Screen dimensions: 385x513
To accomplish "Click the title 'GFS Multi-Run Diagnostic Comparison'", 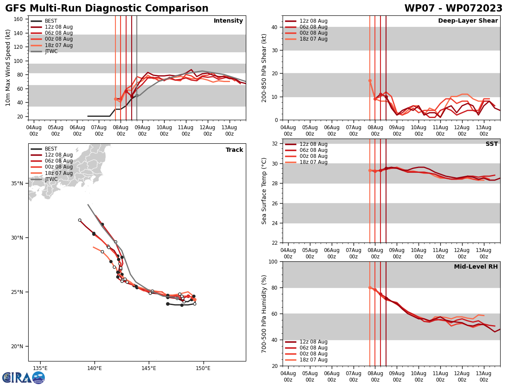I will [107, 9].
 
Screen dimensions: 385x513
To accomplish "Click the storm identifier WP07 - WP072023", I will [453, 9].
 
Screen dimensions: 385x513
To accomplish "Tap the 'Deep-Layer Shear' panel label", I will [468, 21].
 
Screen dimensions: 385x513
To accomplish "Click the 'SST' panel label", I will [491, 144].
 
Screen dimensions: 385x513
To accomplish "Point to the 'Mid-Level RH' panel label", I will [476, 267].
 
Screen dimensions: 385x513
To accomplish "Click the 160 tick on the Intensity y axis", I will [18, 19].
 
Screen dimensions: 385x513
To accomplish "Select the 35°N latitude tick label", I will [18, 184].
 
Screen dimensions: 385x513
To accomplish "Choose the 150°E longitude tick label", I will [203, 368].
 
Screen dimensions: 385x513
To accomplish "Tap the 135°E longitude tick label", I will [40, 368].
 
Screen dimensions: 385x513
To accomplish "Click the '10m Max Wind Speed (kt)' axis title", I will [8, 68].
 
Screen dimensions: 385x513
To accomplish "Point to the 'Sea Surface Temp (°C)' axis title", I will [264, 191].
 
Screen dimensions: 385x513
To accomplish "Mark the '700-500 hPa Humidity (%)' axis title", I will [264, 314].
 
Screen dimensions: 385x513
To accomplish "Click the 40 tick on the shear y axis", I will [274, 27].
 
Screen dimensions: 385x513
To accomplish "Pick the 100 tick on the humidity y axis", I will [272, 261].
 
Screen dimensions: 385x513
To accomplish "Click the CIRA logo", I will [24, 377].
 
